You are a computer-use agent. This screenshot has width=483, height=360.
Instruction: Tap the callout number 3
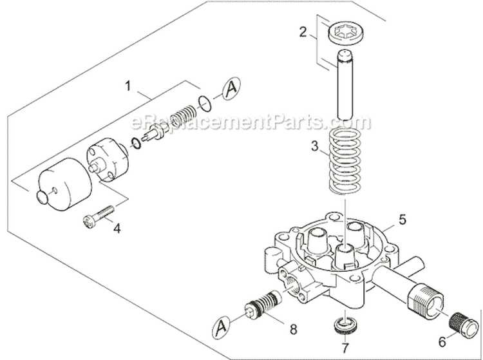[x=314, y=146]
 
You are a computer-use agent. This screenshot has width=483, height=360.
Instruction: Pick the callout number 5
[x=402, y=220]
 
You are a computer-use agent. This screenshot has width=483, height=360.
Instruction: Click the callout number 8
[x=294, y=311]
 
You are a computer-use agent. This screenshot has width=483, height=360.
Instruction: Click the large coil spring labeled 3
[x=348, y=161]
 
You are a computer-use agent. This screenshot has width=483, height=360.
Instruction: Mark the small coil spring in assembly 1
[x=184, y=118]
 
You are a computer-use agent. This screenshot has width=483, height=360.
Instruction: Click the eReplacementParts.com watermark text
[x=251, y=122]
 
